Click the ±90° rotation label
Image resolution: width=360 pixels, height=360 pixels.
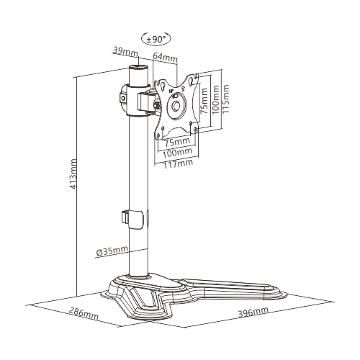156,39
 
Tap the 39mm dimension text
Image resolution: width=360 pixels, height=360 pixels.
125,52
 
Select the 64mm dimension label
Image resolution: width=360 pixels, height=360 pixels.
165,57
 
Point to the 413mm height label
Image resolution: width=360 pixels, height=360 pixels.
73,174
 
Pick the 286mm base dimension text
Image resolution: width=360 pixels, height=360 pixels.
84,313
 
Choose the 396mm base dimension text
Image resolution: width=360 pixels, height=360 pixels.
253,312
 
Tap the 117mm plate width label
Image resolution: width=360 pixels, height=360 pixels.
178,163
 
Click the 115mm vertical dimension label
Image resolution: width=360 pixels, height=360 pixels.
225,99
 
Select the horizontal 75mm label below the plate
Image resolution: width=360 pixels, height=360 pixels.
177,142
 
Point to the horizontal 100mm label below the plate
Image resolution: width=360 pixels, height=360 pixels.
177,153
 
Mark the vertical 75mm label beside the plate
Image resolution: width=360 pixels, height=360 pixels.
204,101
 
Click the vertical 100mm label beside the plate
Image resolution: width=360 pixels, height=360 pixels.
215,99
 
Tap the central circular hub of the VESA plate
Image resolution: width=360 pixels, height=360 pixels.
176,105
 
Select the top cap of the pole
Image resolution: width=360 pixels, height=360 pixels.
138,67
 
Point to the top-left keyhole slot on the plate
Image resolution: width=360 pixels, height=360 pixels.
163,86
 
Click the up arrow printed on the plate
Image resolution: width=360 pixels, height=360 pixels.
183,89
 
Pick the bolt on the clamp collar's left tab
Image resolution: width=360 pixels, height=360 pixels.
123,98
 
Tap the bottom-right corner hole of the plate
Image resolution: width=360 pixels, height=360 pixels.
195,129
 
